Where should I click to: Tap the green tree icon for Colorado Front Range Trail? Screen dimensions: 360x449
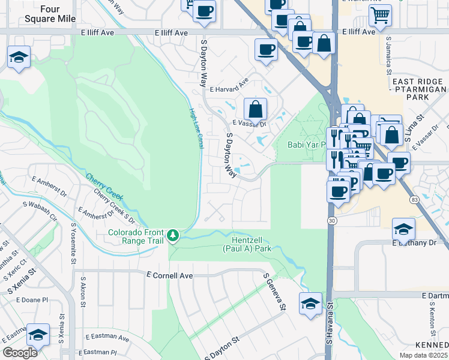tap(173, 234)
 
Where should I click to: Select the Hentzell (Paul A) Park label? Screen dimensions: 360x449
tap(247, 244)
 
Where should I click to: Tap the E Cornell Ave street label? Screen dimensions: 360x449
tap(169, 275)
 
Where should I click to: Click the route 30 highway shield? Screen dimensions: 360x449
tap(332, 221)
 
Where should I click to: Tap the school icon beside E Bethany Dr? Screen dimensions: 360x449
tap(403, 229)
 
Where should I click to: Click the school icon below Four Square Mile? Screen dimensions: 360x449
tap(19, 58)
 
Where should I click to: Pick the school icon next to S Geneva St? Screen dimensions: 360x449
tap(310, 304)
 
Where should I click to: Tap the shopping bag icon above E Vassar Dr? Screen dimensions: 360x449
tap(256, 110)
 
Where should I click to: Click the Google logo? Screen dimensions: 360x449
tap(20, 352)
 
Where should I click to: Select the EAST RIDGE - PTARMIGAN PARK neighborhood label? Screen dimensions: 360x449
tap(418, 89)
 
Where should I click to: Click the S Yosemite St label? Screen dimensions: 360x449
tap(74, 244)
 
